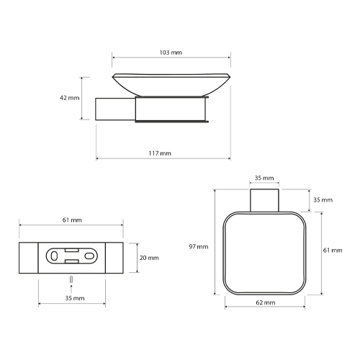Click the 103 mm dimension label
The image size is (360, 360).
[x=171, y=53]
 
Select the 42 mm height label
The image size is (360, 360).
[x=70, y=98]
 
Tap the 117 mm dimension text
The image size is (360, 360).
[x=160, y=153]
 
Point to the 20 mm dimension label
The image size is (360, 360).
[x=149, y=258]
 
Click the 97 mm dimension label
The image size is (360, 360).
[x=199, y=247]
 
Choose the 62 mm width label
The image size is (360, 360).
[x=266, y=302]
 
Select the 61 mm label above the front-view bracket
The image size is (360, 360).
[x=72, y=220]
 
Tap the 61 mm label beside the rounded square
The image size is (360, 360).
[x=333, y=251]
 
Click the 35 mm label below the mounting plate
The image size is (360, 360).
[x=75, y=298]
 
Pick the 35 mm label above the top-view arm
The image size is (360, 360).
[x=264, y=178]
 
